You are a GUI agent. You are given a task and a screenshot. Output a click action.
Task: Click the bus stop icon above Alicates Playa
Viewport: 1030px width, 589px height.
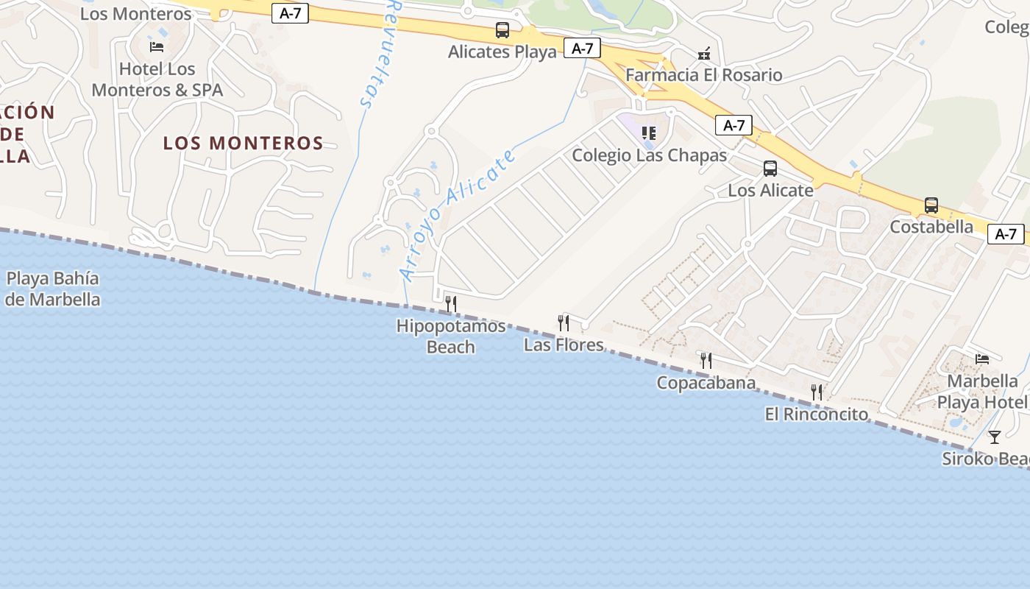[502, 30]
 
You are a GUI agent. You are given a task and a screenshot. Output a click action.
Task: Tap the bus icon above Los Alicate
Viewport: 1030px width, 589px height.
[770, 169]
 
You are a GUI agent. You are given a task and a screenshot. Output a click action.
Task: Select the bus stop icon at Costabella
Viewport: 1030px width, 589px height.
[931, 205]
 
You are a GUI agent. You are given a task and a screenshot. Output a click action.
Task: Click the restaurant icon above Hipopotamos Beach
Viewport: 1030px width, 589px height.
[451, 303]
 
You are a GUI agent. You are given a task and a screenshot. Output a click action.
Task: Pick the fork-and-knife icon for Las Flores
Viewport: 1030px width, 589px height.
[564, 322]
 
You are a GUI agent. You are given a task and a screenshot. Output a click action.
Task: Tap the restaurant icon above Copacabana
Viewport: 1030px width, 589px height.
[706, 360]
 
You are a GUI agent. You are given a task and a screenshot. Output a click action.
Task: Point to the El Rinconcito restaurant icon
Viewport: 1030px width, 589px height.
[817, 392]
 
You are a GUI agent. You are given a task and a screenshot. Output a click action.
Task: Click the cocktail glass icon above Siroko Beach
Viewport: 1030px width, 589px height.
[995, 437]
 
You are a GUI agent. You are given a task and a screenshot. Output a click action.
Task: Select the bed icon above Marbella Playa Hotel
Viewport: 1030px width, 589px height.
[982, 359]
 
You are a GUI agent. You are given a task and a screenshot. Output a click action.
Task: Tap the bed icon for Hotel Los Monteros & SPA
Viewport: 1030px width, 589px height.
[157, 47]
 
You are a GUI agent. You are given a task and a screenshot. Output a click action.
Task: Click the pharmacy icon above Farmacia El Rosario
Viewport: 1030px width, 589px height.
[704, 53]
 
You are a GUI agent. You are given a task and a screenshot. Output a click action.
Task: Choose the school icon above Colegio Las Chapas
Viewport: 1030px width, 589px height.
[648, 133]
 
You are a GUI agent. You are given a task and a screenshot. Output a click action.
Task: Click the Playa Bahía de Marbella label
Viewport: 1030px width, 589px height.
[52, 289]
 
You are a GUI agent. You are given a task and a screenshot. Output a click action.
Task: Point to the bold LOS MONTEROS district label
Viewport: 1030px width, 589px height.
[243, 143]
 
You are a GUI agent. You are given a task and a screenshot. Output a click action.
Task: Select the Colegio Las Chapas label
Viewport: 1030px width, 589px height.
[649, 155]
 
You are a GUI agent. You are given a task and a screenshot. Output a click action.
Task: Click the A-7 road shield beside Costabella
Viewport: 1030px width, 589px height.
[1005, 234]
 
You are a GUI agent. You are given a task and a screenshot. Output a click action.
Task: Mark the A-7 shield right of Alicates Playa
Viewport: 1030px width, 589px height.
[582, 49]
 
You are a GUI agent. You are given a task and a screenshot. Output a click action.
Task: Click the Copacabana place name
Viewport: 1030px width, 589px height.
[706, 383]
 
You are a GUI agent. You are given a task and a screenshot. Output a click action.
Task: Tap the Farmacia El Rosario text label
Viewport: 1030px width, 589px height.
[703, 75]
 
